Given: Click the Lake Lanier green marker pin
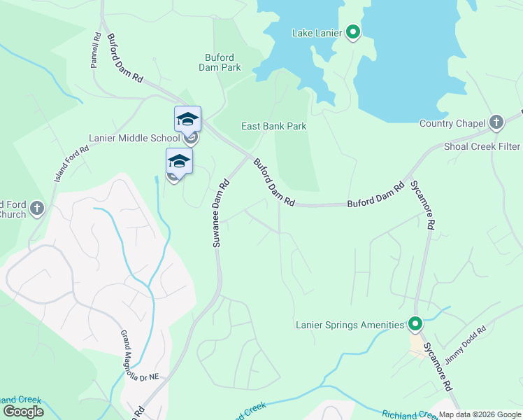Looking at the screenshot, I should pyautogui.click(x=353, y=32).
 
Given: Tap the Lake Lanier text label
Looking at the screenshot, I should pyautogui.click(x=316, y=33).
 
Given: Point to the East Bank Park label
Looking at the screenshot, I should pyautogui.click(x=274, y=126).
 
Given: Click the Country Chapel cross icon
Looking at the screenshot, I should pyautogui.click(x=496, y=122).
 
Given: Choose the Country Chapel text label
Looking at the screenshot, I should pyautogui.click(x=452, y=124).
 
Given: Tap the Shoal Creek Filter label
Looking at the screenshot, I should pyautogui.click(x=482, y=146).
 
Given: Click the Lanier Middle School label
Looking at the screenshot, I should pyautogui.click(x=134, y=138).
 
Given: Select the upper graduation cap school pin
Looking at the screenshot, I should pyautogui.click(x=187, y=119).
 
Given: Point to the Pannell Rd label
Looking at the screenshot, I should pyautogui.click(x=96, y=50).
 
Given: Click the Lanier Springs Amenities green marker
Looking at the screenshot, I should pyautogui.click(x=415, y=324).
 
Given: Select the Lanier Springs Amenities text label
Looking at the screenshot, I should pyautogui.click(x=350, y=325).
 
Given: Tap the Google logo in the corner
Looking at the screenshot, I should pyautogui.click(x=23, y=412).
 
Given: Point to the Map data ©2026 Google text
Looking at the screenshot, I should pyautogui.click(x=480, y=414).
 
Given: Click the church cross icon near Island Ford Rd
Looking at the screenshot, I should pyautogui.click(x=37, y=208).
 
